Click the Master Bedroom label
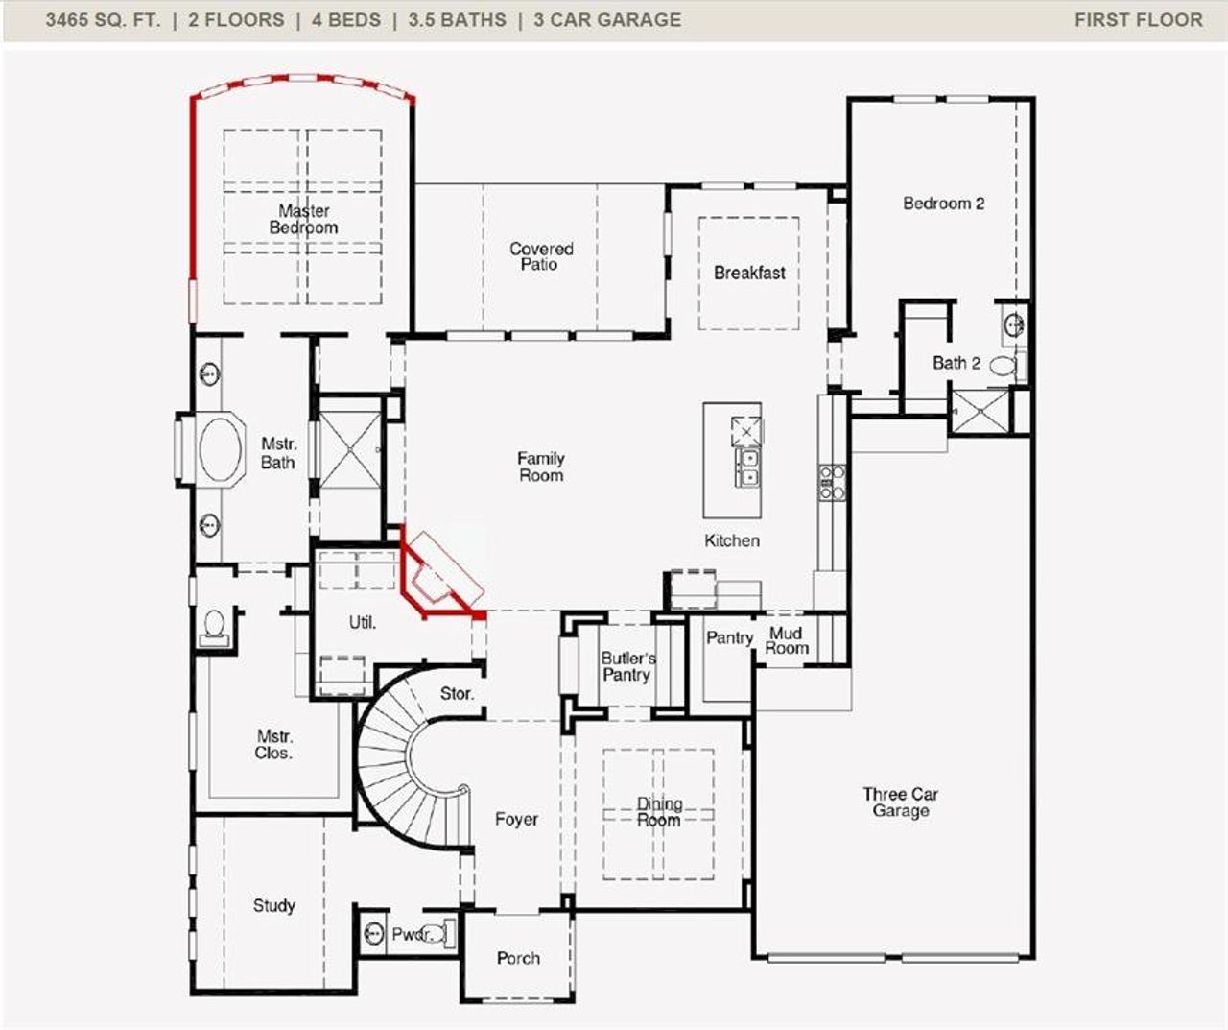click(x=303, y=219)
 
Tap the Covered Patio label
click(x=540, y=256)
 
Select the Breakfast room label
click(x=749, y=273)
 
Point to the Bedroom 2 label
click(x=943, y=204)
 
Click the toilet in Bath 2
click(x=1003, y=365)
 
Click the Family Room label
click(x=540, y=467)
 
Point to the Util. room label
click(x=362, y=622)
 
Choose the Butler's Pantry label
click(x=627, y=666)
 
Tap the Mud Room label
click(x=786, y=640)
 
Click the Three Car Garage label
click(x=900, y=802)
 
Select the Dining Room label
click(x=659, y=812)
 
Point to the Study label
click(x=273, y=905)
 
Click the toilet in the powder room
click(x=435, y=933)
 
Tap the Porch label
click(x=518, y=958)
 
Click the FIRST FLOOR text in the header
click(x=1138, y=20)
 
